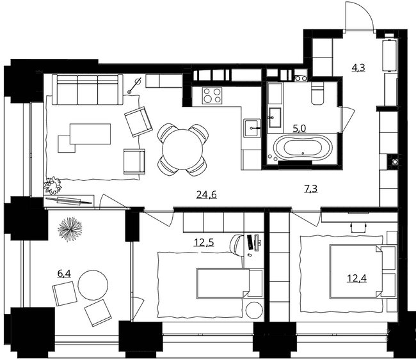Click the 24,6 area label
tap(206, 194)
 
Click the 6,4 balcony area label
tap(64, 273)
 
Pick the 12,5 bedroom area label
tap(204, 242)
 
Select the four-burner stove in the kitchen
tap(212, 95)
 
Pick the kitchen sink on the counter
tap(251, 124)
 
